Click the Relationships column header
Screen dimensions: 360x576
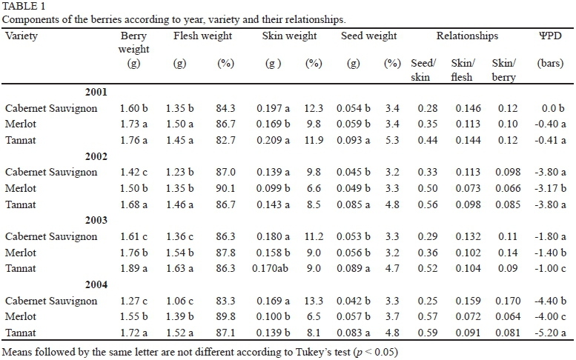pos(467,36)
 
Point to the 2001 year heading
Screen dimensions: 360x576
pos(95,93)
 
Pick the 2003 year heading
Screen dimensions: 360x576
pos(95,221)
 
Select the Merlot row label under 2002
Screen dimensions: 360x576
pos(21,188)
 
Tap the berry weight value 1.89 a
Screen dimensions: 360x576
pos(133,268)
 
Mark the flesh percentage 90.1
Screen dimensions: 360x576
pos(225,188)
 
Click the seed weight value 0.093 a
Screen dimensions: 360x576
pos(355,140)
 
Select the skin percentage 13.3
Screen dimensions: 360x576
pos(314,301)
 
